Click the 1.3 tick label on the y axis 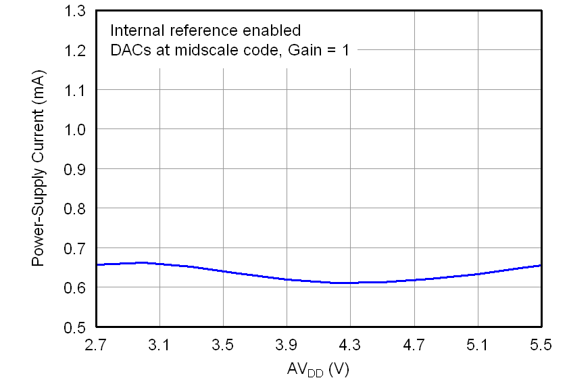click(76, 11)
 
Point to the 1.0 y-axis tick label click(76, 129)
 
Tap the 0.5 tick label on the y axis click(76, 327)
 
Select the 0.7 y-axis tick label click(76, 248)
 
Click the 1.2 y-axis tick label click(76, 51)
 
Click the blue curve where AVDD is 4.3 click(350, 283)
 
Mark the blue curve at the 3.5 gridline click(223, 271)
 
